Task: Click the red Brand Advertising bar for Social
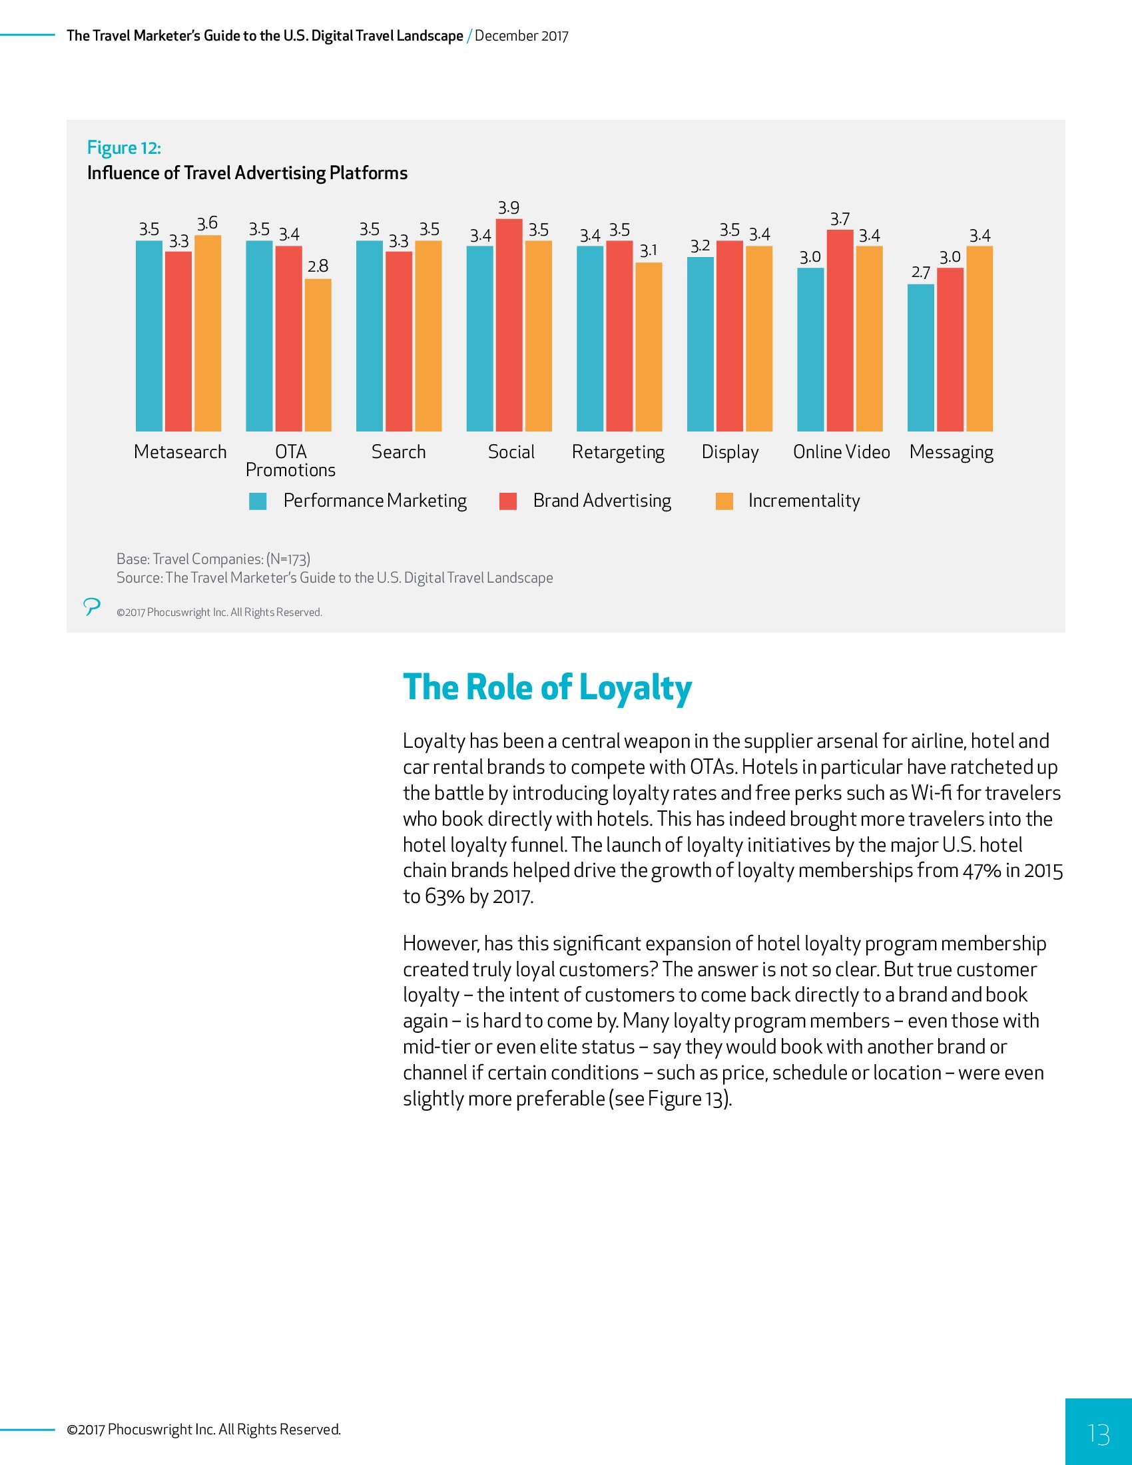coord(509,326)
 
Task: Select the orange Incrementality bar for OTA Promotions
coord(318,355)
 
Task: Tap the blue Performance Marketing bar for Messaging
coord(921,358)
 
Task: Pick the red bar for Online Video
coord(840,331)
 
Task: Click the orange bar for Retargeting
coord(649,347)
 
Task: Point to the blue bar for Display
coord(700,344)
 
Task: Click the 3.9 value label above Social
coord(509,208)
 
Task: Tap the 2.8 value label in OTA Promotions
coord(318,266)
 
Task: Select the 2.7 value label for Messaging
coord(921,272)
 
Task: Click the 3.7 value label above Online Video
coord(840,219)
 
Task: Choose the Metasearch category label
coord(180,452)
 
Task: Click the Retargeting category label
coord(619,453)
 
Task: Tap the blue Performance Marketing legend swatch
coord(258,501)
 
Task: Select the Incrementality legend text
coord(804,501)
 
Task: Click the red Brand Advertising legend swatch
coord(508,501)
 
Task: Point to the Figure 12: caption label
coord(124,148)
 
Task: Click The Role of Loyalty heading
coord(547,689)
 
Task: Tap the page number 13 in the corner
coord(1099,1434)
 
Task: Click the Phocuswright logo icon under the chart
coord(92,607)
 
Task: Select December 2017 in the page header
coord(522,36)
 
